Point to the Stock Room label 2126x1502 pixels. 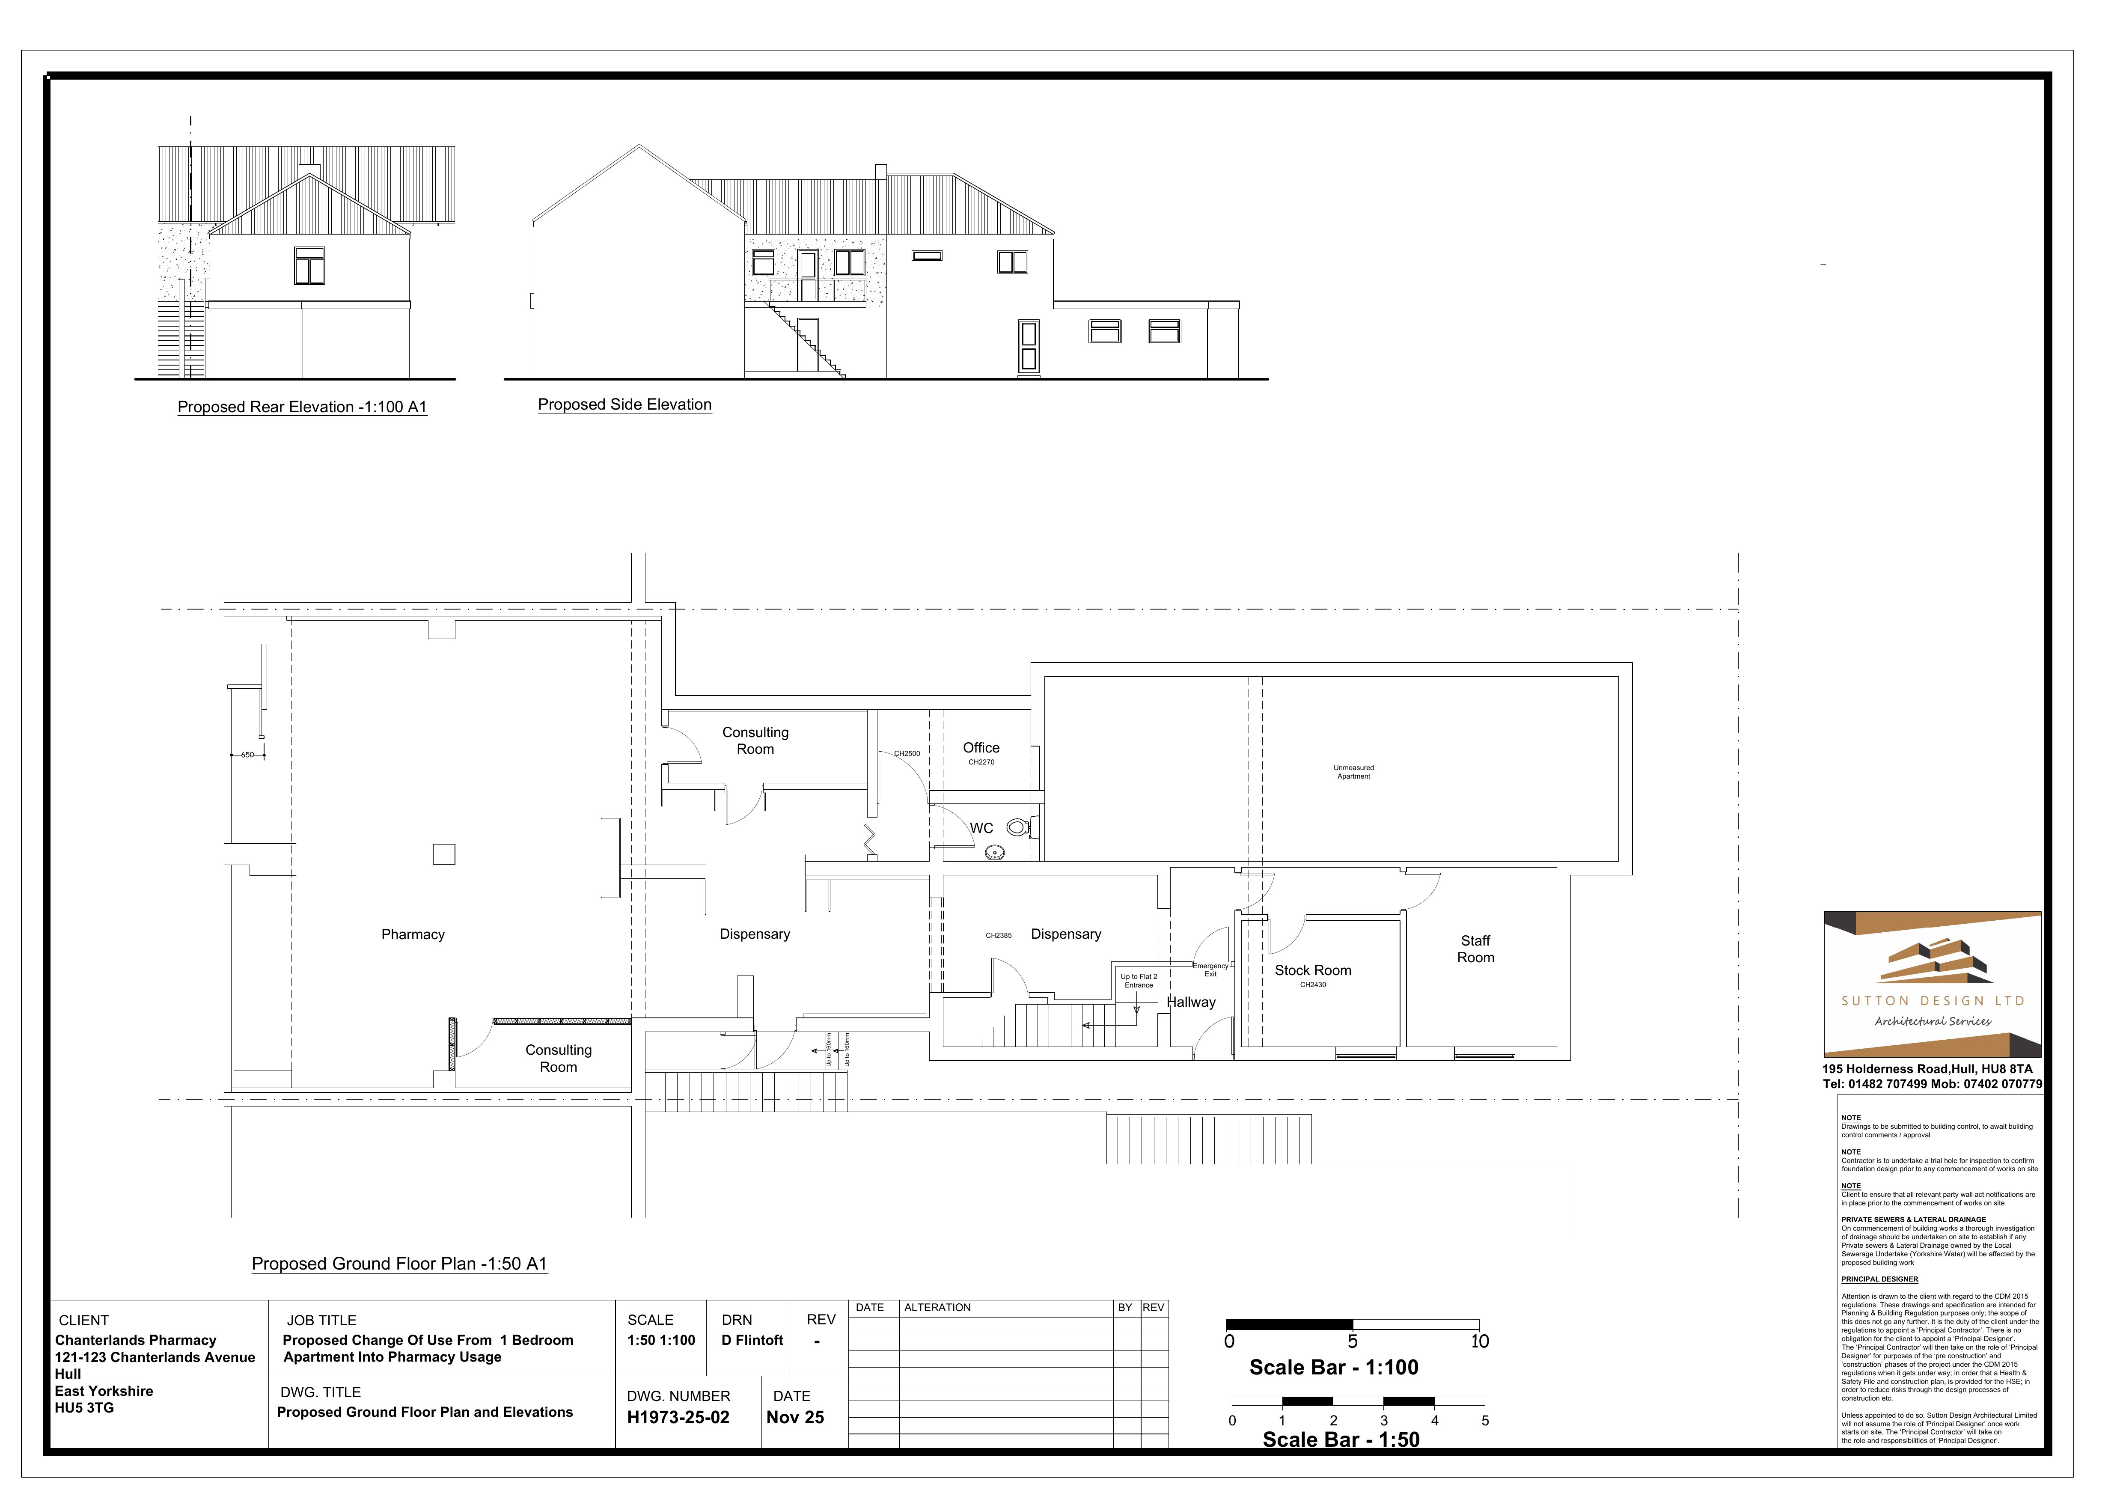point(1312,970)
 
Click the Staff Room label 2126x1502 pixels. point(1475,949)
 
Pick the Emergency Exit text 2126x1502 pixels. point(1210,970)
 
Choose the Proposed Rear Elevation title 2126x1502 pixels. point(302,407)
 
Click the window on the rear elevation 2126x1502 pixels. point(309,266)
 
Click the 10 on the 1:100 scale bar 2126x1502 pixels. point(1479,1342)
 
